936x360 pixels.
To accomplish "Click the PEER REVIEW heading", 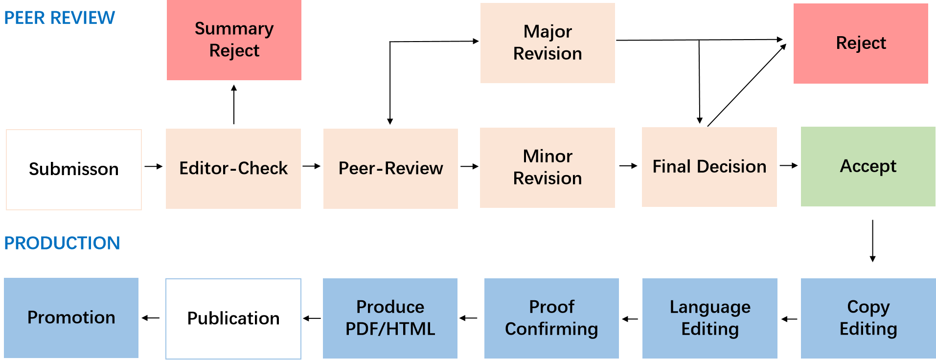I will pos(59,18).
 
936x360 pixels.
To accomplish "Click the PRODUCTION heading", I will pos(62,243).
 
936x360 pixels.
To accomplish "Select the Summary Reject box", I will pos(234,40).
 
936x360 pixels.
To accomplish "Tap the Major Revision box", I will pos(548,43).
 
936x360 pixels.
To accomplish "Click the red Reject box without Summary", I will pos(861,44).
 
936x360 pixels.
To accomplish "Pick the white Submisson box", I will pos(74,169).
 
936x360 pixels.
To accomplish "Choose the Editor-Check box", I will pos(233,169).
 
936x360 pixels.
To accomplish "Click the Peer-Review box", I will pos(390,169).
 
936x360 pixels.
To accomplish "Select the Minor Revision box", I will pos(548,168).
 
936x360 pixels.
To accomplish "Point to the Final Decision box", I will pos(709,167).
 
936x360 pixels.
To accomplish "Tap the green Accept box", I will pos(868,167).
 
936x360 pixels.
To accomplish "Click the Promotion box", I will pos(71,318).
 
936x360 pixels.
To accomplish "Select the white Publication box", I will pos(233,318).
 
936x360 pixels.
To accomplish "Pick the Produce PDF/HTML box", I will pos(390,318).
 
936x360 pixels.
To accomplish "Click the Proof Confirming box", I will pos(551,318).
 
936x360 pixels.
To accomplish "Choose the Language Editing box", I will pos(709,318).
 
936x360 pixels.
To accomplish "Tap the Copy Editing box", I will pos(868,318).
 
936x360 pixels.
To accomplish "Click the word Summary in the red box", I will pos(234,29).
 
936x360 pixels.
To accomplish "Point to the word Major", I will pos(548,32).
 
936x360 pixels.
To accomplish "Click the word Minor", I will pos(548,157).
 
